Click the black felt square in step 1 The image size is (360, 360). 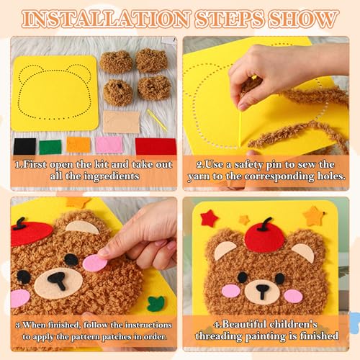(24, 146)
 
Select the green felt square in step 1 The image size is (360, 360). (50, 146)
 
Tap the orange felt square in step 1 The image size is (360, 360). (78, 145)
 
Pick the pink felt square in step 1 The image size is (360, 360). (109, 145)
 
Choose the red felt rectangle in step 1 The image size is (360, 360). (156, 146)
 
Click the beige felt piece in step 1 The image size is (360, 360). (121, 121)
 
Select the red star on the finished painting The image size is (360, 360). (209, 217)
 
